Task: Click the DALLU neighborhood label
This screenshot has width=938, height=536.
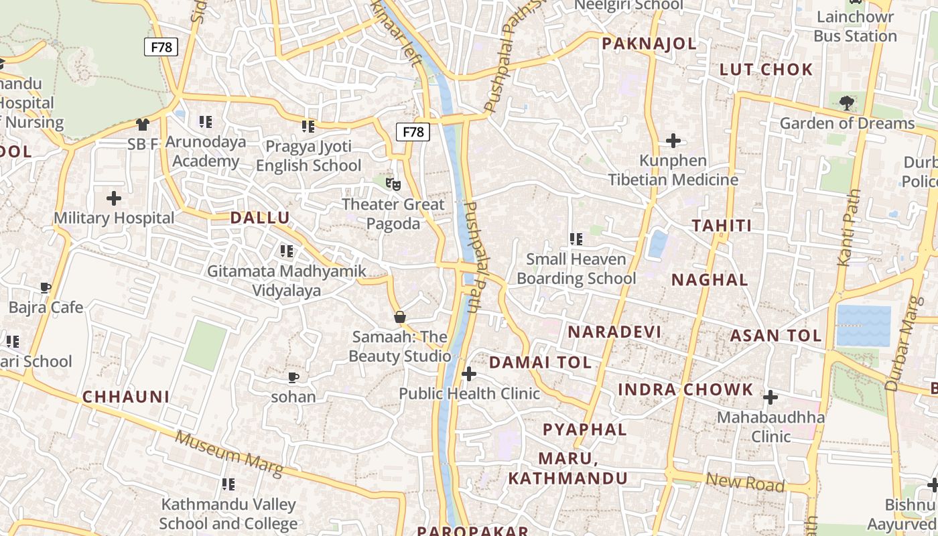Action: (260, 218)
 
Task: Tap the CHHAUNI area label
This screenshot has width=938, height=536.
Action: (126, 397)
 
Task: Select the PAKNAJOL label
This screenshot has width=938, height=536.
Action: (649, 44)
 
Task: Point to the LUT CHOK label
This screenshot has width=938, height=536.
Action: (766, 70)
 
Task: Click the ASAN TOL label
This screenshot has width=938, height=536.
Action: (775, 336)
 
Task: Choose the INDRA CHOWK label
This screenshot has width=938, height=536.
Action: (685, 390)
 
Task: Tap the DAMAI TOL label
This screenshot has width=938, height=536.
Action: (540, 363)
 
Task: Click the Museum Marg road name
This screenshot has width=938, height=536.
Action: (228, 455)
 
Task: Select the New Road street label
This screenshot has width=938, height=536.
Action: (744, 482)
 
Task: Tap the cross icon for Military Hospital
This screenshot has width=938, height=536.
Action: (114, 198)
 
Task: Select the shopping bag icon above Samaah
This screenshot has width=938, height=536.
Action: (400, 317)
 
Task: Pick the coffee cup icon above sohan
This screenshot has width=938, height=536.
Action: (293, 377)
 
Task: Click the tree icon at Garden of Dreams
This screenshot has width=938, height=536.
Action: (847, 103)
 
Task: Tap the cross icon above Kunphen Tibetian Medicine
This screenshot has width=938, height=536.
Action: (673, 141)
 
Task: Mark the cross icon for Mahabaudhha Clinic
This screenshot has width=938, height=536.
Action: (770, 397)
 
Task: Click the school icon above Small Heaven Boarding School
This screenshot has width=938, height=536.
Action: (576, 239)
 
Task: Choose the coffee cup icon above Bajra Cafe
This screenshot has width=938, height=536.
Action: (46, 288)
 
